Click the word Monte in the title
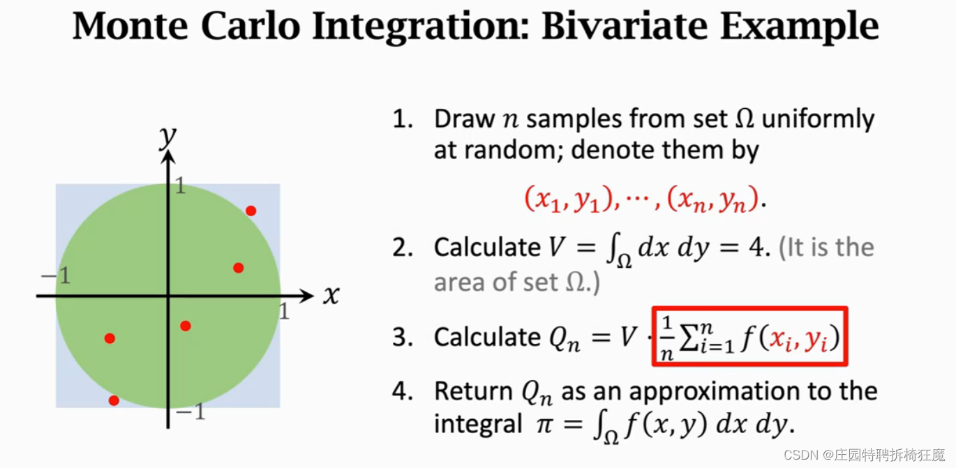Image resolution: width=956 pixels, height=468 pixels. tap(130, 26)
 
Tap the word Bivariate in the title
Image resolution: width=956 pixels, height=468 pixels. tap(625, 26)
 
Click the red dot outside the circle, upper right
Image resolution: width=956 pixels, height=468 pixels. tap(251, 211)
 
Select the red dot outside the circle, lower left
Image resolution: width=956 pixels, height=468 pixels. tap(114, 400)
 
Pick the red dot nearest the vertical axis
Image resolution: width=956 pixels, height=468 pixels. tap(186, 326)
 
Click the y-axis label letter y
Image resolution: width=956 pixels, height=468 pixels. tap(167, 137)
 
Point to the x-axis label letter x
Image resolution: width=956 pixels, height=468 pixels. tap(331, 295)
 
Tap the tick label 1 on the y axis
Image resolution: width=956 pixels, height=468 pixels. tap(180, 186)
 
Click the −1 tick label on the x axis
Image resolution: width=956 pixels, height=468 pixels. tap(56, 275)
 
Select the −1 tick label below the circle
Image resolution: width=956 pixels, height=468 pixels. tap(191, 412)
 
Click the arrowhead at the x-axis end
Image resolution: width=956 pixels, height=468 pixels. tap(307, 296)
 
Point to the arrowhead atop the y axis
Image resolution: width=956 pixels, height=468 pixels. tap(168, 158)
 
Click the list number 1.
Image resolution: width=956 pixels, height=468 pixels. tap(403, 119)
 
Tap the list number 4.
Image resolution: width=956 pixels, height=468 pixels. tap(403, 391)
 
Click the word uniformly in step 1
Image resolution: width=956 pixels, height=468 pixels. tap(818, 119)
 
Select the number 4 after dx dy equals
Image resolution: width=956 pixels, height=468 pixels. tap(757, 248)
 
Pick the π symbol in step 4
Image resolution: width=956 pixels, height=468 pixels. tap(545, 425)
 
